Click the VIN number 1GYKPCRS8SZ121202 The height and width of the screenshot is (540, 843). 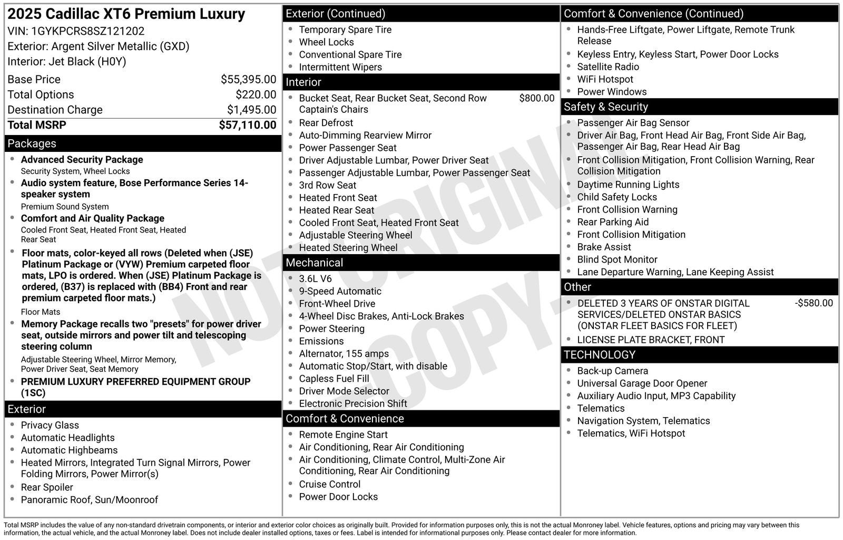pos(88,31)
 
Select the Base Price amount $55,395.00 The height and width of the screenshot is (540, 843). pos(248,80)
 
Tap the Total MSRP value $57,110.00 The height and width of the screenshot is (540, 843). pos(247,125)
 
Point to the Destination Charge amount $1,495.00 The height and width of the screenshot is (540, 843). pos(251,110)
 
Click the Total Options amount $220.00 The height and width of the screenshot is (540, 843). pos(256,95)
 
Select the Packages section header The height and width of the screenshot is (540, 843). pos(32,143)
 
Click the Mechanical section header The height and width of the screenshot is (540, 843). pos(314,263)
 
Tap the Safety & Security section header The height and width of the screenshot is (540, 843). pos(605,107)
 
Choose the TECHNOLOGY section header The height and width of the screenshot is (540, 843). pos(600,355)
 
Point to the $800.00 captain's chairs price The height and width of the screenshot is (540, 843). pos(536,98)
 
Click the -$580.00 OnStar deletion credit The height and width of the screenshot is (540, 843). pos(813,303)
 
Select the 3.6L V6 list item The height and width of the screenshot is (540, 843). pos(315,279)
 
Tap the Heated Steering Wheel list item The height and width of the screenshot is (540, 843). pos(348,248)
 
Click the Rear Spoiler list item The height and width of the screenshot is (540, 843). pos(47,487)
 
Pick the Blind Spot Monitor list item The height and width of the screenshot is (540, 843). pos(617,259)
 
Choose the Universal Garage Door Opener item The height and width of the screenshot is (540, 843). pos(642,383)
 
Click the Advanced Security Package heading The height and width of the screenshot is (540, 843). pos(82,160)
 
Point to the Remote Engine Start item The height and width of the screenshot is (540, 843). pos(343,435)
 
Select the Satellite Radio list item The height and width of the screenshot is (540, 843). pos(607,67)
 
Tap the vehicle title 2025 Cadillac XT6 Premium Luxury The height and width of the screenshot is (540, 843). pos(126,14)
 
